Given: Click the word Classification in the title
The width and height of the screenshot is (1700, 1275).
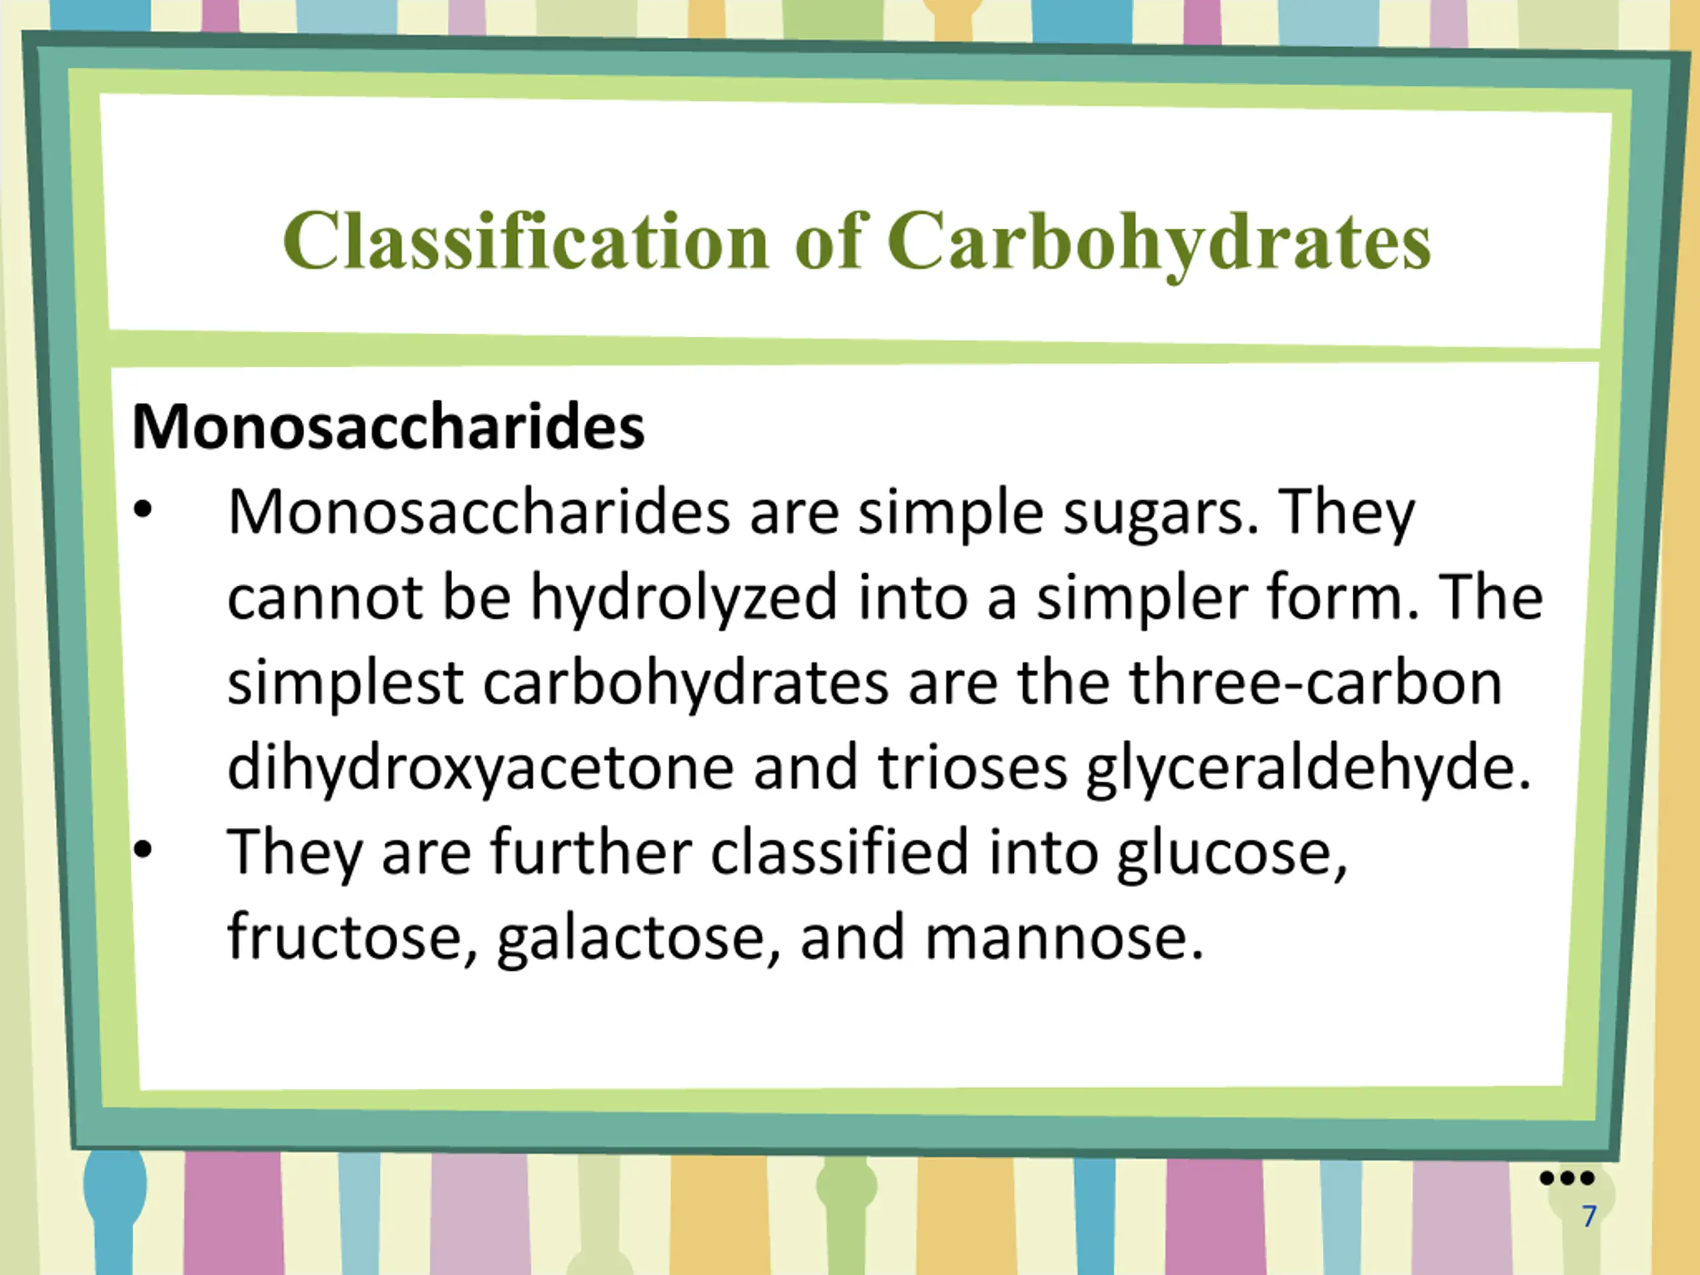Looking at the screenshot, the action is click(x=527, y=240).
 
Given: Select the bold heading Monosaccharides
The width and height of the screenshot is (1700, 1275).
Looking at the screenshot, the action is click(x=388, y=427).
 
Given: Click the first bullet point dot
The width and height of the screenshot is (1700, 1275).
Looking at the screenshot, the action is click(x=143, y=509).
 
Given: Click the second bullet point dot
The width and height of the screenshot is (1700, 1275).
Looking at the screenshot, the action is click(x=143, y=849).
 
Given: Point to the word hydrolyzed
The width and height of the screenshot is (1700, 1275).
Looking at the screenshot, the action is click(x=684, y=599).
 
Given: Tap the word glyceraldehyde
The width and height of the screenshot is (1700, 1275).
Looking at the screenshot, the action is click(x=1309, y=768).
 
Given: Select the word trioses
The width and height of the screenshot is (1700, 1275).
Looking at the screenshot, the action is click(x=973, y=767).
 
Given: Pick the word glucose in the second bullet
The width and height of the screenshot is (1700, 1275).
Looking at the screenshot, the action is click(x=1232, y=855).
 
